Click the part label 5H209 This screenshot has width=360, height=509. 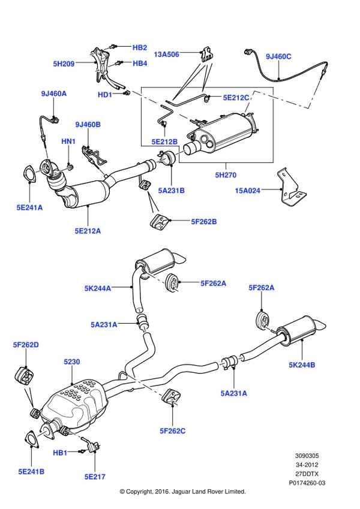[x=64, y=64]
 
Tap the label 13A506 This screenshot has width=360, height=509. [x=166, y=54]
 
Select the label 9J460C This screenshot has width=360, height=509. [x=278, y=56]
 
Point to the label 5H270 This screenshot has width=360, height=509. [x=226, y=175]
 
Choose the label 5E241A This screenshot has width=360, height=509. [x=29, y=207]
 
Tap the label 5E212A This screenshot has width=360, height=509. [x=88, y=231]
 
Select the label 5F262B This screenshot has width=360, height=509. [x=204, y=222]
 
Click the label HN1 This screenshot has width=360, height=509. [x=68, y=141]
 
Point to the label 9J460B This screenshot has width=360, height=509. [x=88, y=124]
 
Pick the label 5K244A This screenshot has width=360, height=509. [x=97, y=288]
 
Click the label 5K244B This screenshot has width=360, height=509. [x=302, y=365]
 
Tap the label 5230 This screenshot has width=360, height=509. [x=72, y=362]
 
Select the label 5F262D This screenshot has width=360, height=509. [x=26, y=345]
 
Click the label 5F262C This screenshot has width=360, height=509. [x=173, y=431]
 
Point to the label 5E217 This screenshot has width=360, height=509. [x=95, y=477]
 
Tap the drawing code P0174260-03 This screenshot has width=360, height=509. [x=307, y=483]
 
